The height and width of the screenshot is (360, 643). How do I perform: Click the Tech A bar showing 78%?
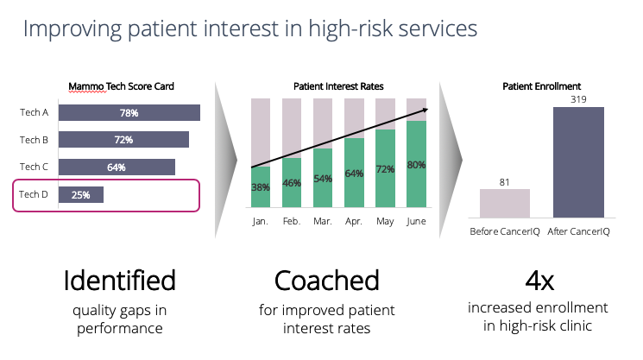click(129, 113)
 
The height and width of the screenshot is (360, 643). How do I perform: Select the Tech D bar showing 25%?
click(81, 195)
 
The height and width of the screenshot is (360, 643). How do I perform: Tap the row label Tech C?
click(34, 167)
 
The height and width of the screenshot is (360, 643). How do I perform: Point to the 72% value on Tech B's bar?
click(123, 140)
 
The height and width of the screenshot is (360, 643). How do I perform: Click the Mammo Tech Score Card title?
click(121, 86)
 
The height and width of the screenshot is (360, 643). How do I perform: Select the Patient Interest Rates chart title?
click(338, 86)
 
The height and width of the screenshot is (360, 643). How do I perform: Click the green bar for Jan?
click(261, 186)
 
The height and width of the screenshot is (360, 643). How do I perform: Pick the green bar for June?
click(416, 164)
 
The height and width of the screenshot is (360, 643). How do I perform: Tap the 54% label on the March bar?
click(323, 179)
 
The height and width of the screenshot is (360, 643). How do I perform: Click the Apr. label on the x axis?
click(354, 221)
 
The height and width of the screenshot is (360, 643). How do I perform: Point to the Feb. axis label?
click(292, 221)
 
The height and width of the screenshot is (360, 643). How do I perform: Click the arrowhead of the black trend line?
click(427, 110)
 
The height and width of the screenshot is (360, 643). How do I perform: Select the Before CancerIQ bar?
click(505, 204)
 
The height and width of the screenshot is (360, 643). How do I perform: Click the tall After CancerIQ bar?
click(578, 162)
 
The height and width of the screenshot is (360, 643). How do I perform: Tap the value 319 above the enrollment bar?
click(578, 99)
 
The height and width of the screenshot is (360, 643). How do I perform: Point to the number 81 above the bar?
click(504, 182)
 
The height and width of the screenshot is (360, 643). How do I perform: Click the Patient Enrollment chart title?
click(542, 86)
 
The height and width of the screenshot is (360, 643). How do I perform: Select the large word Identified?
click(120, 281)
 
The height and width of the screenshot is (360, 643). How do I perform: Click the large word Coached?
click(327, 281)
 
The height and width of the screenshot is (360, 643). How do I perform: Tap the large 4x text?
click(539, 281)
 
